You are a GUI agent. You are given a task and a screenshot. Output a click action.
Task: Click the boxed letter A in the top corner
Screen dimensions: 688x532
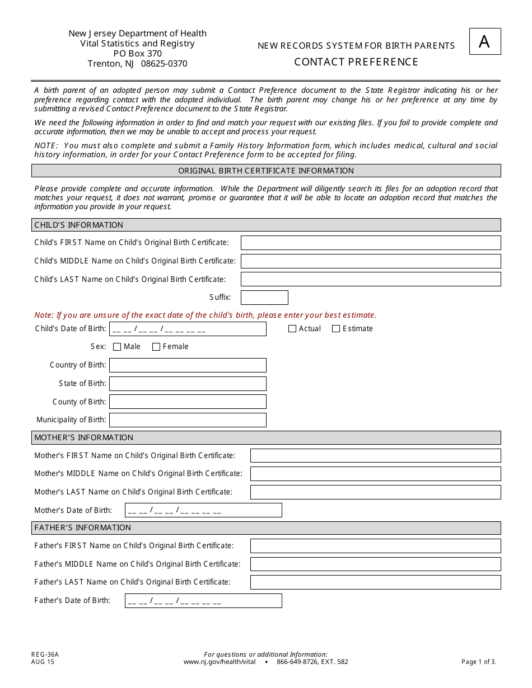coord(484,41)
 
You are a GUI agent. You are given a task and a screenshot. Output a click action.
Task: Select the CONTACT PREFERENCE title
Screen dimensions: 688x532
coord(356,62)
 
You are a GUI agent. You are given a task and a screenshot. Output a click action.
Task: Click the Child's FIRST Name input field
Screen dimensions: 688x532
coord(371,243)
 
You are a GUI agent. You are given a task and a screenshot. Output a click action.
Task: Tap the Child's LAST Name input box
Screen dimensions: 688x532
coord(371,279)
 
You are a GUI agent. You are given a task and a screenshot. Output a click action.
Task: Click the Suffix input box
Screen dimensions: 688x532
coord(264,298)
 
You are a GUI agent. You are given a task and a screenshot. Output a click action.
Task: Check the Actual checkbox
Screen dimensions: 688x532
coord(292,329)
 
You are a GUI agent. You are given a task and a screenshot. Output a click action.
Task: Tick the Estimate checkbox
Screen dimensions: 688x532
coord(336,329)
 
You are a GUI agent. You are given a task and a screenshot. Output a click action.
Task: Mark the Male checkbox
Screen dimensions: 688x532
coord(117,347)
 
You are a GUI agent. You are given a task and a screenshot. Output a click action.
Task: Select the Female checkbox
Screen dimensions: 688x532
coord(156,347)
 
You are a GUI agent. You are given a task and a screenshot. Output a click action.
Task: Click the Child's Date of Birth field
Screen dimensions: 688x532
coord(188,329)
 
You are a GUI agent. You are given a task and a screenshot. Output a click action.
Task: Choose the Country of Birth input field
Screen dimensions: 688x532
coord(188,365)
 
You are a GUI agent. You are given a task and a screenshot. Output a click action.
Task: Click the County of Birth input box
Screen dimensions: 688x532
coord(188,402)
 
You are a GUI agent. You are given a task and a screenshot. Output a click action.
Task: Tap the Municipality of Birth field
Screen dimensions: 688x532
coord(188,420)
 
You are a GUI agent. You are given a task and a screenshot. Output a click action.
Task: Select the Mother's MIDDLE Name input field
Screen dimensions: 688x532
coord(375,474)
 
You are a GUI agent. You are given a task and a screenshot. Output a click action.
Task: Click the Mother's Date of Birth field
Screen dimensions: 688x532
coord(203,510)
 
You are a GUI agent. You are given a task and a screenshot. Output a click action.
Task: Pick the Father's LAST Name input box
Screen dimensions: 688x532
coord(375,582)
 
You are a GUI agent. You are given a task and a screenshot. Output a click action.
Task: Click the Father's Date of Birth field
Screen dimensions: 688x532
coord(203,601)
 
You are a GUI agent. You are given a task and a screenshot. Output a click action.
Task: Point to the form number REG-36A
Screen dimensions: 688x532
coord(45,654)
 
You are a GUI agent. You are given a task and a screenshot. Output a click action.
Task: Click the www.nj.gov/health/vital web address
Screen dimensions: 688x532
coord(220,662)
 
